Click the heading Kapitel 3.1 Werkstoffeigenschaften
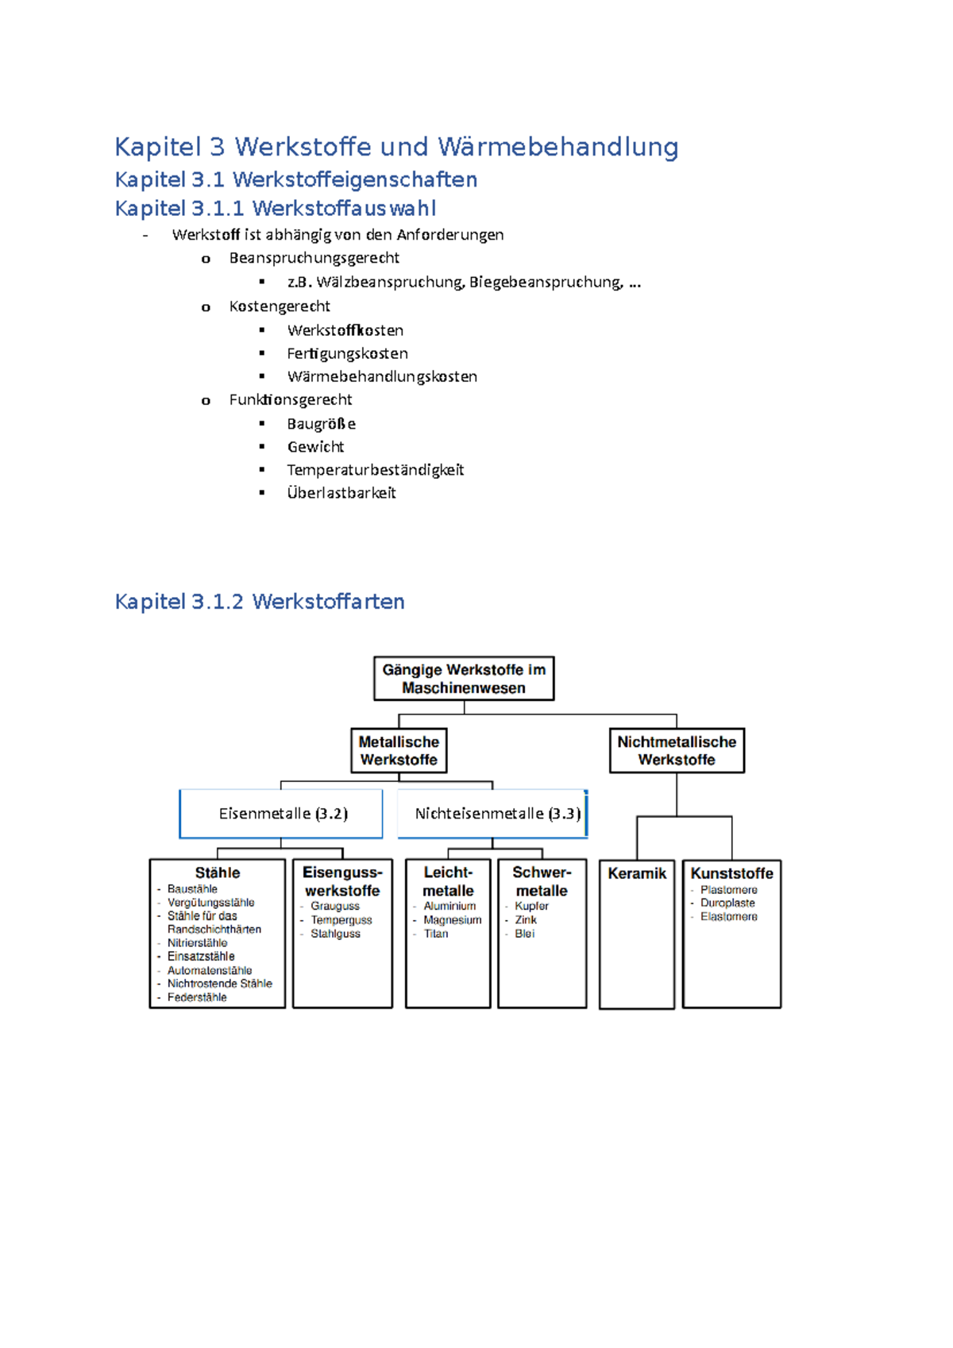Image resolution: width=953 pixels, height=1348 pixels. click(x=295, y=179)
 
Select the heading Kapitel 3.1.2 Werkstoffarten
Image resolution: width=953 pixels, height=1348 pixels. click(x=260, y=601)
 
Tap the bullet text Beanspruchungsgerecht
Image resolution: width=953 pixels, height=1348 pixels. click(x=314, y=258)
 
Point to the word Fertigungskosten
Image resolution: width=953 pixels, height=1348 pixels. click(x=347, y=353)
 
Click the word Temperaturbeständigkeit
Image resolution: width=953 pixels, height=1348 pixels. click(x=375, y=469)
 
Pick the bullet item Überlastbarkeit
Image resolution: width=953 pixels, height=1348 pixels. click(x=341, y=493)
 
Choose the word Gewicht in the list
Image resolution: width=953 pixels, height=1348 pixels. click(x=315, y=446)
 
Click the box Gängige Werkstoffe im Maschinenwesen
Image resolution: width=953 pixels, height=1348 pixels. click(x=464, y=678)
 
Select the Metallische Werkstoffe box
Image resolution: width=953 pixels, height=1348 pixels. click(x=399, y=750)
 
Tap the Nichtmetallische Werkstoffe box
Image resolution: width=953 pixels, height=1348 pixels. click(x=677, y=750)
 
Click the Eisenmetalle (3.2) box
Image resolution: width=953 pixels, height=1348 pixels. click(x=280, y=814)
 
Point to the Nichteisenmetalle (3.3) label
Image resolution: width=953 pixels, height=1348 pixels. click(x=497, y=814)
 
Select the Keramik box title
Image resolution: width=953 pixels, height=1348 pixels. click(x=637, y=873)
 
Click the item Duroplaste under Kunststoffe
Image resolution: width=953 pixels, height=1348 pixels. click(x=727, y=903)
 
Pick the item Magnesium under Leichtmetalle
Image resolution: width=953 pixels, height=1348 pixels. click(x=452, y=919)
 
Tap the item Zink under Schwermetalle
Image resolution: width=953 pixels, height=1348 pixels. click(x=525, y=919)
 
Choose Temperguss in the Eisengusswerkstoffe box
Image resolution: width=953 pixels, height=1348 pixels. click(x=341, y=920)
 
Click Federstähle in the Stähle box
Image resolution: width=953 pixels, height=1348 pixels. click(x=197, y=997)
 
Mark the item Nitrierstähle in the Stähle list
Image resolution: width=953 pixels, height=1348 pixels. click(x=197, y=943)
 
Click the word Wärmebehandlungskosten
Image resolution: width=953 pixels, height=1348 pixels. click(x=382, y=377)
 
